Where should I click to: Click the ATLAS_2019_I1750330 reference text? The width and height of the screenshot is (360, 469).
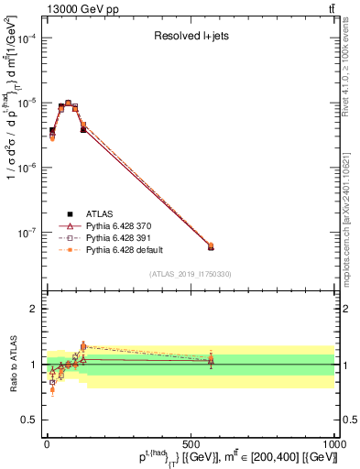point(190,273)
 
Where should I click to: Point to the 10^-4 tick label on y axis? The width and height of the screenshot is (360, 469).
point(26,38)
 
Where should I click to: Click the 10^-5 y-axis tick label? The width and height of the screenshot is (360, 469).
point(26,103)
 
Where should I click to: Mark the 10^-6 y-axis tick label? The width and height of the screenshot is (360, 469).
point(26,168)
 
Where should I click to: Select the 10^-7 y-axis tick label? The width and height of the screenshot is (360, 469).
point(26,233)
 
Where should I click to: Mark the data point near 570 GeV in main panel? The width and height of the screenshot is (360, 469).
point(211,245)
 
